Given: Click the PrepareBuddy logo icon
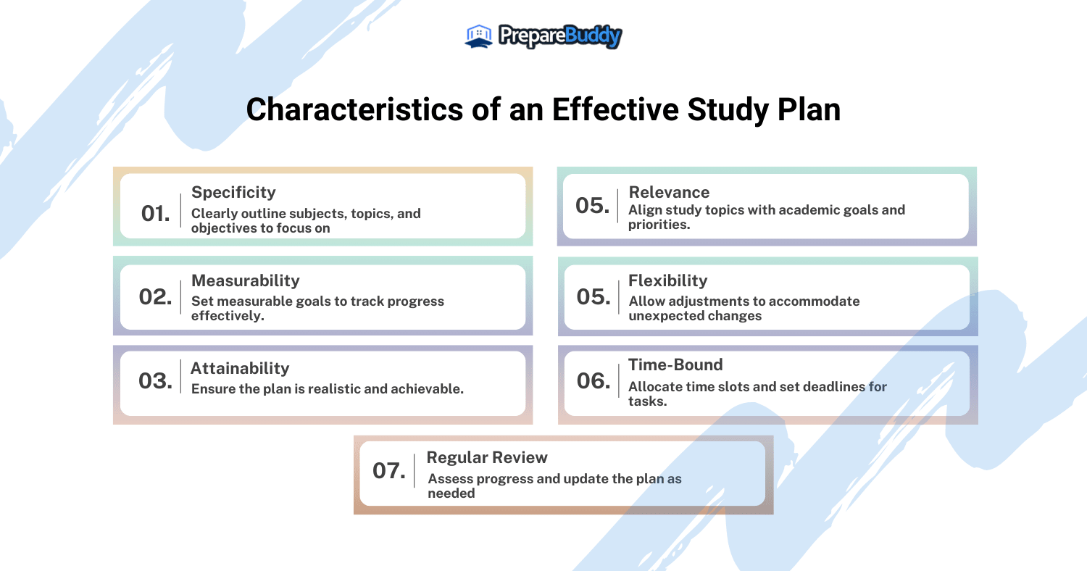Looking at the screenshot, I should [479, 36].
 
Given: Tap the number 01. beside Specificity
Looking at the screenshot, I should [156, 213].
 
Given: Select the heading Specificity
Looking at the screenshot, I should [233, 192].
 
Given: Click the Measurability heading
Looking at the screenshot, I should [245, 280].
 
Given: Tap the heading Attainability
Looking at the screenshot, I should [240, 368].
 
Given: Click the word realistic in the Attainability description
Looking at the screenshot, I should [335, 389].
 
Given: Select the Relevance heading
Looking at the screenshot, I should [669, 192].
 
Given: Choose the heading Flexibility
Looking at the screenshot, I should [667, 280].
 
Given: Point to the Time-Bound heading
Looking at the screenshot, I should [675, 365].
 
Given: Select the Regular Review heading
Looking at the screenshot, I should [487, 458].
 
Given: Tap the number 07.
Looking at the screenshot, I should [389, 470].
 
